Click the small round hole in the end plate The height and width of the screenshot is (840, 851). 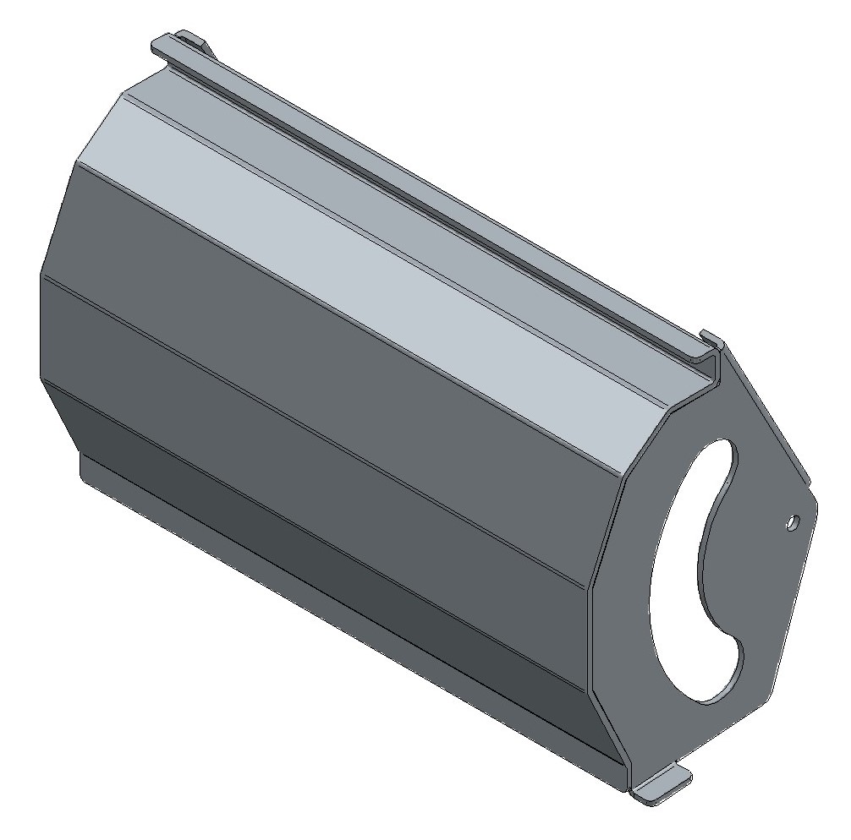[792, 521]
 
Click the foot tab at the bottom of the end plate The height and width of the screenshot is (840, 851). [664, 783]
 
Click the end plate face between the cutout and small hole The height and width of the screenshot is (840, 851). [757, 549]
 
